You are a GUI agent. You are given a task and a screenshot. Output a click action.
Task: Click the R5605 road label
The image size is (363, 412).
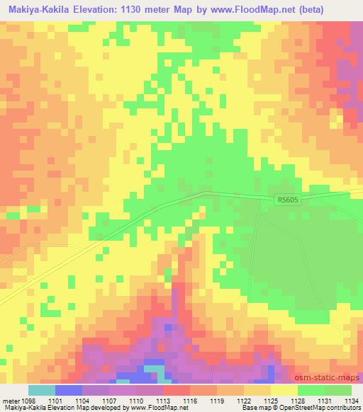point(289,202)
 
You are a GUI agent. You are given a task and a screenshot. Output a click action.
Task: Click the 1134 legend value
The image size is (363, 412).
point(352,400)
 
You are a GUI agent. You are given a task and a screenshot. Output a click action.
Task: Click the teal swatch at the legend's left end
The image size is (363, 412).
point(41,390)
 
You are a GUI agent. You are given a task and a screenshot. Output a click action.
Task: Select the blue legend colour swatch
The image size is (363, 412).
point(68,390)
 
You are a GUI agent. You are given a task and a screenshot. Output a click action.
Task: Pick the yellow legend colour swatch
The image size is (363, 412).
point(284,390)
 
